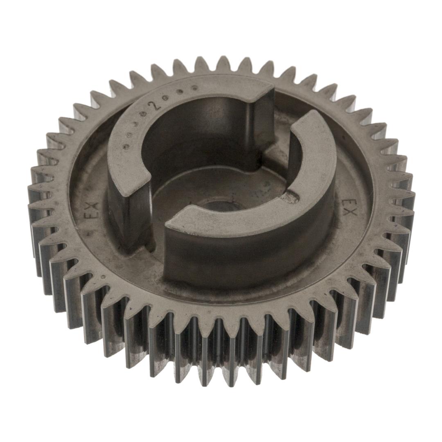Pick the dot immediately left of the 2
pyautogui.click(x=145, y=114)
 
